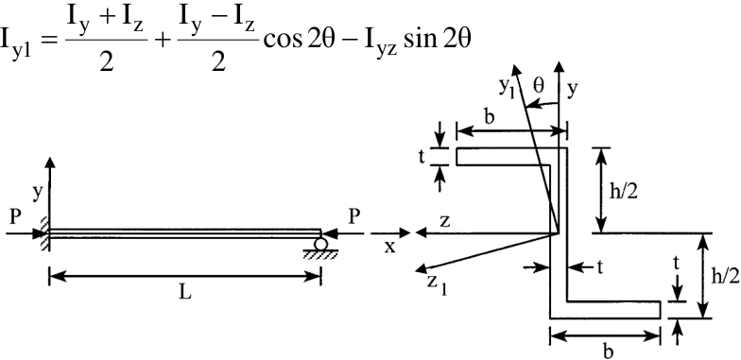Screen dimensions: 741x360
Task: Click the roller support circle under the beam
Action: (x=321, y=245)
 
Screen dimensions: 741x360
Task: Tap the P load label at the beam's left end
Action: (x=15, y=217)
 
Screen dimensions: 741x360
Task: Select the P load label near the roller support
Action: (x=353, y=217)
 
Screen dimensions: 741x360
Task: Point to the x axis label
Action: (x=389, y=247)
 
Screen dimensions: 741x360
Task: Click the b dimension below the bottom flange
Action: (x=609, y=351)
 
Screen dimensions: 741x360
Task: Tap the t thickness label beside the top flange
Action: (x=422, y=158)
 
